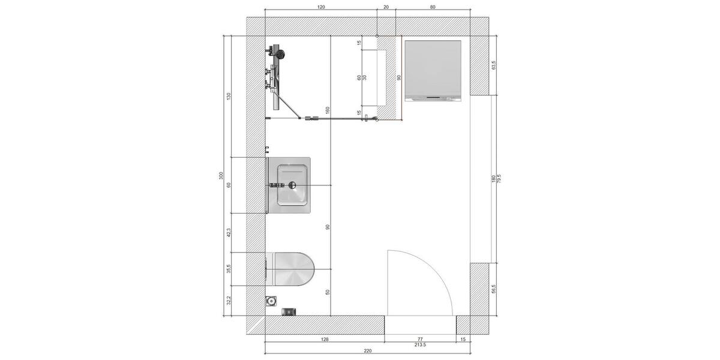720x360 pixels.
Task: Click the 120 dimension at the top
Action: (x=320, y=7)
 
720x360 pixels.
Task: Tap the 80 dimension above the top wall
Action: (x=433, y=7)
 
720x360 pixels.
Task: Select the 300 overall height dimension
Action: (x=221, y=176)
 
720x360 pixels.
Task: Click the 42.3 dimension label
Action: (x=229, y=233)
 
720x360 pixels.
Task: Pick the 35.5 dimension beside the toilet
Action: (x=229, y=269)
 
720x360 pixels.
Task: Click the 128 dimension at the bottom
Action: (x=325, y=340)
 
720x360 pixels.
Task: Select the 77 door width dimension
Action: (x=420, y=340)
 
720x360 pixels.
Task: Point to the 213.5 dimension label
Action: (x=420, y=345)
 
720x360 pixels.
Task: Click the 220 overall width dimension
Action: (x=368, y=351)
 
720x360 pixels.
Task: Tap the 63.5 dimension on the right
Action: (x=493, y=65)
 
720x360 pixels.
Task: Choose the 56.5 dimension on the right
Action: (x=493, y=289)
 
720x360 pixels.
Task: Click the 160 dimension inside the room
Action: (x=328, y=110)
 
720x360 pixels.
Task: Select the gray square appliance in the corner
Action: (x=433, y=69)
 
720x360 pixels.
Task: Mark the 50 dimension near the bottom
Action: (x=328, y=292)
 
